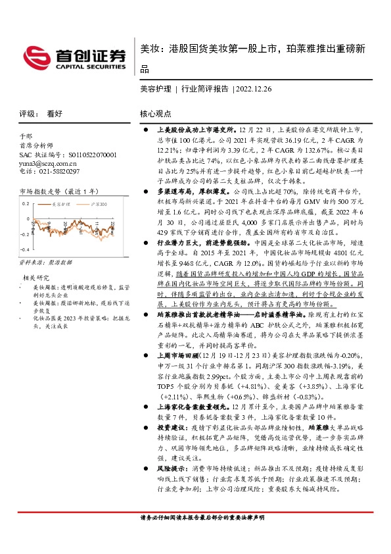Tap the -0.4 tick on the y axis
[x=24, y=250]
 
